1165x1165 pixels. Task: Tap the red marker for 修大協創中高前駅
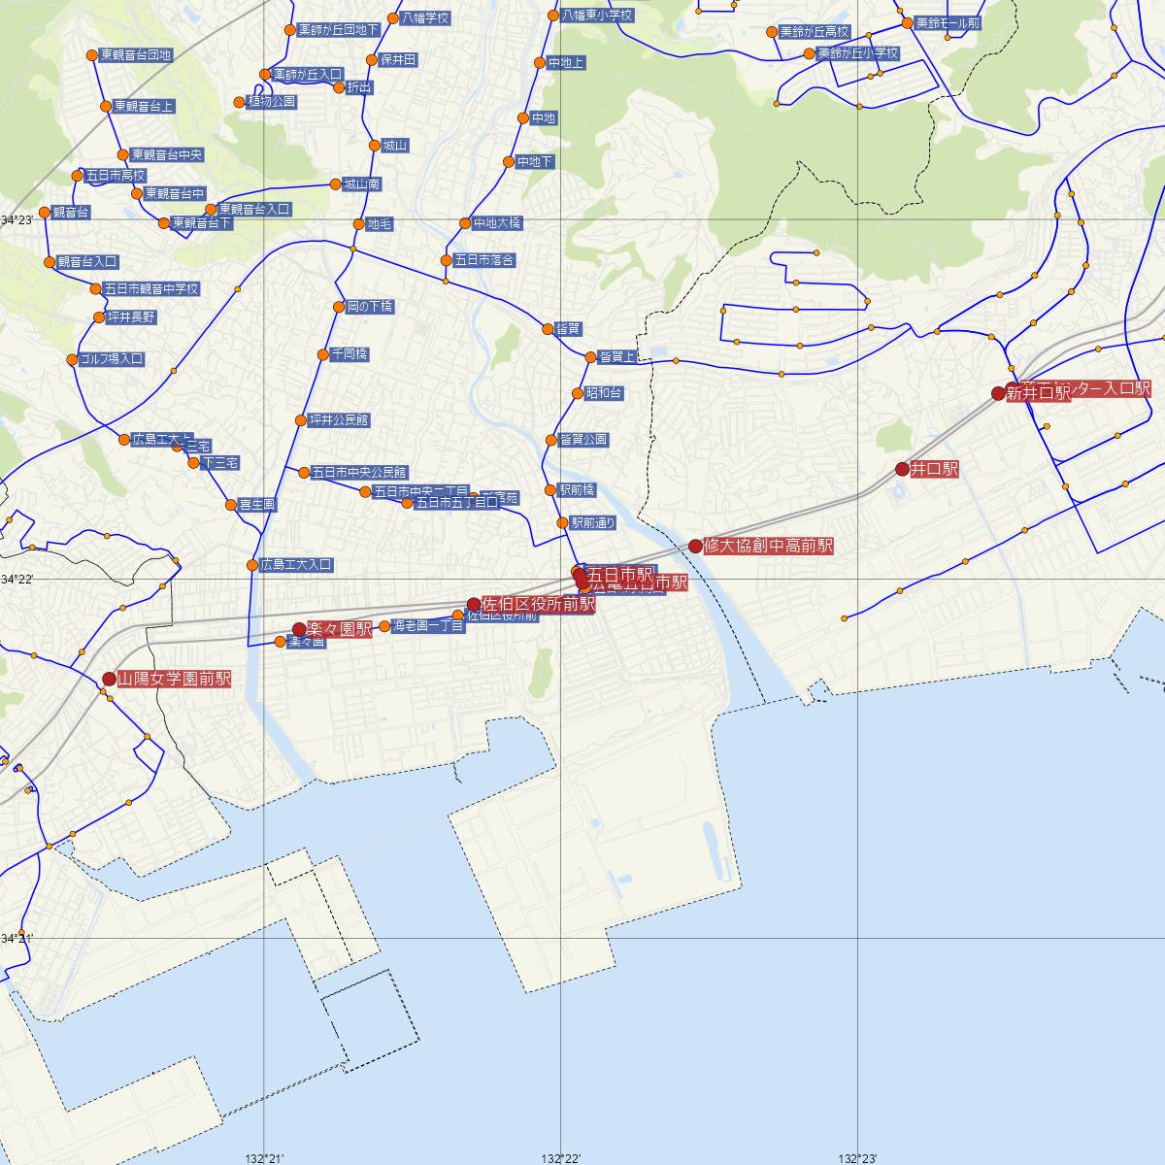pos(695,546)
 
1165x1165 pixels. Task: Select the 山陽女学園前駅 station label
pos(175,680)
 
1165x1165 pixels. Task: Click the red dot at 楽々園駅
pos(299,629)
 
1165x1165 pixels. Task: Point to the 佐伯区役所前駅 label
pos(538,604)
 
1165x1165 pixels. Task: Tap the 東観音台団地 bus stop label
pos(136,55)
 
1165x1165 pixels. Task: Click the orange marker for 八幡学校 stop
pos(392,17)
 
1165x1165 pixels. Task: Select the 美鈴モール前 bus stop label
pos(948,22)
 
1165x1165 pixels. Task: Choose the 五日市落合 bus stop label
pos(484,260)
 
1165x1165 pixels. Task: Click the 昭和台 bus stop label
pos(604,393)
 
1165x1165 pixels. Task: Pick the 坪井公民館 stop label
pos(339,420)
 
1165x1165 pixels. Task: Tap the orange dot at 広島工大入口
pos(252,564)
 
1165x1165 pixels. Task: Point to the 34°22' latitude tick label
pos(17,580)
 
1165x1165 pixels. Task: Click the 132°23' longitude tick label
pos(857,1158)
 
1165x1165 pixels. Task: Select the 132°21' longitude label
pos(264,1158)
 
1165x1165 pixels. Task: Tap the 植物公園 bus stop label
pos(272,101)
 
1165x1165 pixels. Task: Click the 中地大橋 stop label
pos(497,223)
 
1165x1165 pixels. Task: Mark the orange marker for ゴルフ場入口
pos(72,360)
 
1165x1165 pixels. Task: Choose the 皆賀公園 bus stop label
pos(583,440)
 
